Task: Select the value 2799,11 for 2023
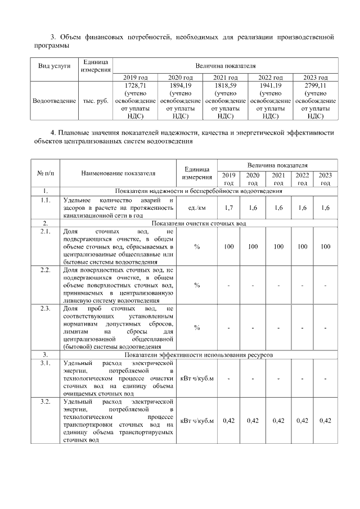pos(315,85)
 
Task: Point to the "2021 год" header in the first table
pos(225,77)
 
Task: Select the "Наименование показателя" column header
pos(118,173)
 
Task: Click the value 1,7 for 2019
pos(228,208)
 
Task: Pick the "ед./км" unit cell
pos(197,208)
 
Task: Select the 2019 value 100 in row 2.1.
pos(228,246)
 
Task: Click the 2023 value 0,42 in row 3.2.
pos(325,421)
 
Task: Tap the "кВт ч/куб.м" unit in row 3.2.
pos(197,421)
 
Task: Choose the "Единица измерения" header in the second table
pos(197,173)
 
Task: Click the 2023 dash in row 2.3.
pos(325,328)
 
